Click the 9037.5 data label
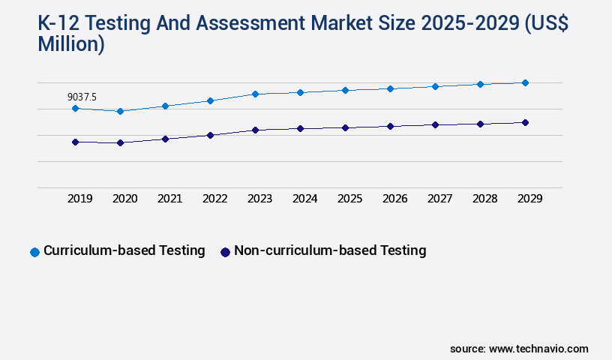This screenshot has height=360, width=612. click(x=82, y=97)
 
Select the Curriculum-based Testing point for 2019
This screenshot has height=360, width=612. click(x=75, y=109)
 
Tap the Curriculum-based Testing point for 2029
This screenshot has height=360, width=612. click(x=525, y=82)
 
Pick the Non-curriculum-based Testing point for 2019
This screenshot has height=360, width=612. click(x=75, y=142)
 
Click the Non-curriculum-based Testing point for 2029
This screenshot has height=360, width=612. click(x=525, y=122)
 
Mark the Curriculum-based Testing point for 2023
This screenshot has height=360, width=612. click(x=255, y=94)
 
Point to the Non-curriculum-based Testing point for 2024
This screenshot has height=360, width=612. click(x=300, y=128)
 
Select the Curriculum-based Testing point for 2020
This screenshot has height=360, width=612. click(x=120, y=111)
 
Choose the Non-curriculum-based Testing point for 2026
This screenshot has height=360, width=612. click(x=390, y=126)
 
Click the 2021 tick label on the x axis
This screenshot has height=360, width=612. click(x=169, y=199)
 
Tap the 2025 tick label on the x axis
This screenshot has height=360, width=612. click(x=349, y=199)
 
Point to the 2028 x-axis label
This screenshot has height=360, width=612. click(x=484, y=199)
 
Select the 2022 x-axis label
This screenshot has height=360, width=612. click(x=214, y=199)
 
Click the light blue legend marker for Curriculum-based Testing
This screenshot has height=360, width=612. click(x=34, y=252)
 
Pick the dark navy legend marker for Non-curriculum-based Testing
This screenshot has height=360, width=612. click(x=225, y=252)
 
